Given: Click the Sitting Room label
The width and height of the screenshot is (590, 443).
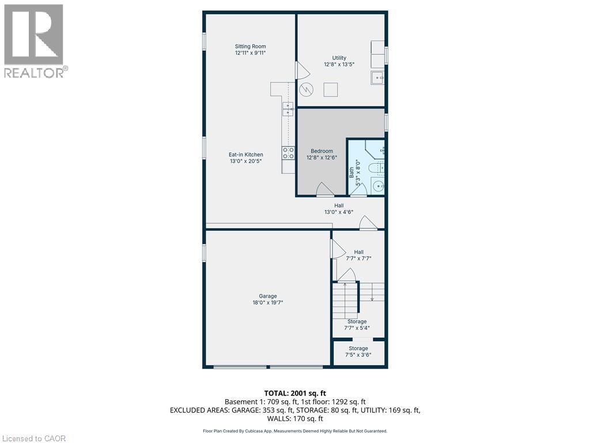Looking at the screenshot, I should click(250, 47).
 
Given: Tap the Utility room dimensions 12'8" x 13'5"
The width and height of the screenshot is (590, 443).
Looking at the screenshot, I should click(339, 65).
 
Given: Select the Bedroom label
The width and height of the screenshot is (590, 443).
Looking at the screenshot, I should click(323, 151).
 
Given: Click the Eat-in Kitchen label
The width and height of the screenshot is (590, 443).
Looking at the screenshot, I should click(245, 155).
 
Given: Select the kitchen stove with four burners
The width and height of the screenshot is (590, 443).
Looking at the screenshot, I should click(288, 153).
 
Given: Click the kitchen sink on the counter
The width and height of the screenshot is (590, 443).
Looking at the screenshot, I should click(287, 108).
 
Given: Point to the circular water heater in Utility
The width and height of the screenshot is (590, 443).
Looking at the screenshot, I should click(307, 89).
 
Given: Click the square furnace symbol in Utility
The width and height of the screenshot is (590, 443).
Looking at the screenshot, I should click(330, 89).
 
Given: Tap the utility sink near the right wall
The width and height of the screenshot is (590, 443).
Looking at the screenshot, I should click(377, 77).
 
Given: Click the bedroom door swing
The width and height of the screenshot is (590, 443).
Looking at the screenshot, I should click(324, 189).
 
